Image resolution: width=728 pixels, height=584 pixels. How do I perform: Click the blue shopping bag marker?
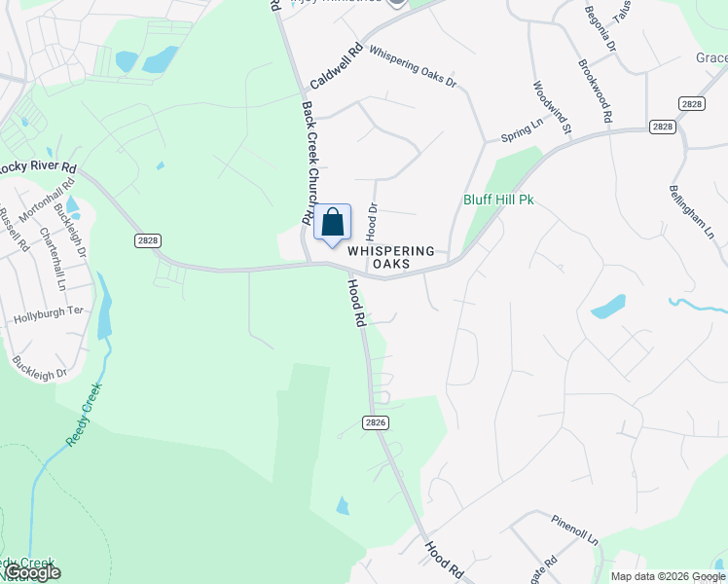pyautogui.click(x=332, y=223)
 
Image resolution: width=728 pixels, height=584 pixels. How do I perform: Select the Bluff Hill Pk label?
pyautogui.click(x=498, y=201)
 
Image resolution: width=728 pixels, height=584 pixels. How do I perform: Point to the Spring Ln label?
pyautogui.click(x=522, y=128)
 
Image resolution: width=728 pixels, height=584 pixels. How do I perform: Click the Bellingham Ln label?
pyautogui.click(x=691, y=213)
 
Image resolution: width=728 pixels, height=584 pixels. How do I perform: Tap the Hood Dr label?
pyautogui.click(x=371, y=222)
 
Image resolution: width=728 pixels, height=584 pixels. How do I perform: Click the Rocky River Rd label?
pyautogui.click(x=37, y=167)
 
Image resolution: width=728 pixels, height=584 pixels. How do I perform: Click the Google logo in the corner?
pyautogui.click(x=31, y=572)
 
